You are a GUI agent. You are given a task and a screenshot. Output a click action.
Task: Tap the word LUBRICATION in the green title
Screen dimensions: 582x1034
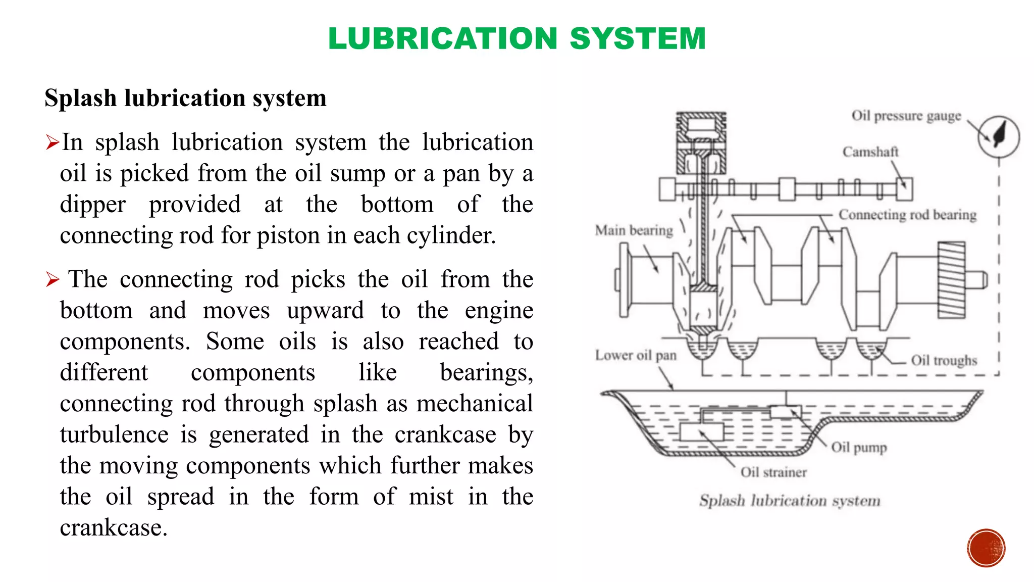(x=442, y=38)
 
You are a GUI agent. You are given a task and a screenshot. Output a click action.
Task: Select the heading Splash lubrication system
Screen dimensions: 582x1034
(x=185, y=98)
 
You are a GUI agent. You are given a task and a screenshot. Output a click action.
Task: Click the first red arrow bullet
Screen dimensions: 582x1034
(x=52, y=142)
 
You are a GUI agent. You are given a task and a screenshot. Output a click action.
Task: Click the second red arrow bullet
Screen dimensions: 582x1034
(x=52, y=279)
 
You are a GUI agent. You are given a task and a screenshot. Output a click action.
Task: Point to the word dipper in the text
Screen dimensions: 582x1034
(x=92, y=205)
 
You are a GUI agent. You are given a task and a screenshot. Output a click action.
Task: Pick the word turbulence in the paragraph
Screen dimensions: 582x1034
(x=114, y=434)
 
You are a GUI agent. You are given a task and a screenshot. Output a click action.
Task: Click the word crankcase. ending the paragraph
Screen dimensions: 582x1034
(x=113, y=528)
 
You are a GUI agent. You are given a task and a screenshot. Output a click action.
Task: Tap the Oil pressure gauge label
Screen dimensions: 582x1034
(x=906, y=116)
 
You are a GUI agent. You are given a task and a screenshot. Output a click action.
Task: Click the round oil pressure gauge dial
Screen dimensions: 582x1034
(x=998, y=136)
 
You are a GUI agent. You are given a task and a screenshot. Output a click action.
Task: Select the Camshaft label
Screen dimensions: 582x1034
(x=870, y=152)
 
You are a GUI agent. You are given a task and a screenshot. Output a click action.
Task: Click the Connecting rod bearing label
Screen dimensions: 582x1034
(x=907, y=215)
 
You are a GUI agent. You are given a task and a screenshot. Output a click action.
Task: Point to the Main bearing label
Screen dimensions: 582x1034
(x=634, y=230)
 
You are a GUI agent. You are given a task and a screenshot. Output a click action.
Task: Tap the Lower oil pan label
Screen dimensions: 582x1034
(x=635, y=355)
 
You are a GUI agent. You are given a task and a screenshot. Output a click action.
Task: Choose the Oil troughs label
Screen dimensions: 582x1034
(x=944, y=360)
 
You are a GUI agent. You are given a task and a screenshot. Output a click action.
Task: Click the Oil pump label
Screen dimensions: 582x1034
(x=859, y=447)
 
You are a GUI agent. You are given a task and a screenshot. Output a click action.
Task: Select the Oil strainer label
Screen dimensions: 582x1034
(x=773, y=472)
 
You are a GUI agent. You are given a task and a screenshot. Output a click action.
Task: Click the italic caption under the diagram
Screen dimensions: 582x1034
(x=790, y=501)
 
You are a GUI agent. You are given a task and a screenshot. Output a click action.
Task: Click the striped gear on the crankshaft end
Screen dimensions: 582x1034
(x=951, y=280)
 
